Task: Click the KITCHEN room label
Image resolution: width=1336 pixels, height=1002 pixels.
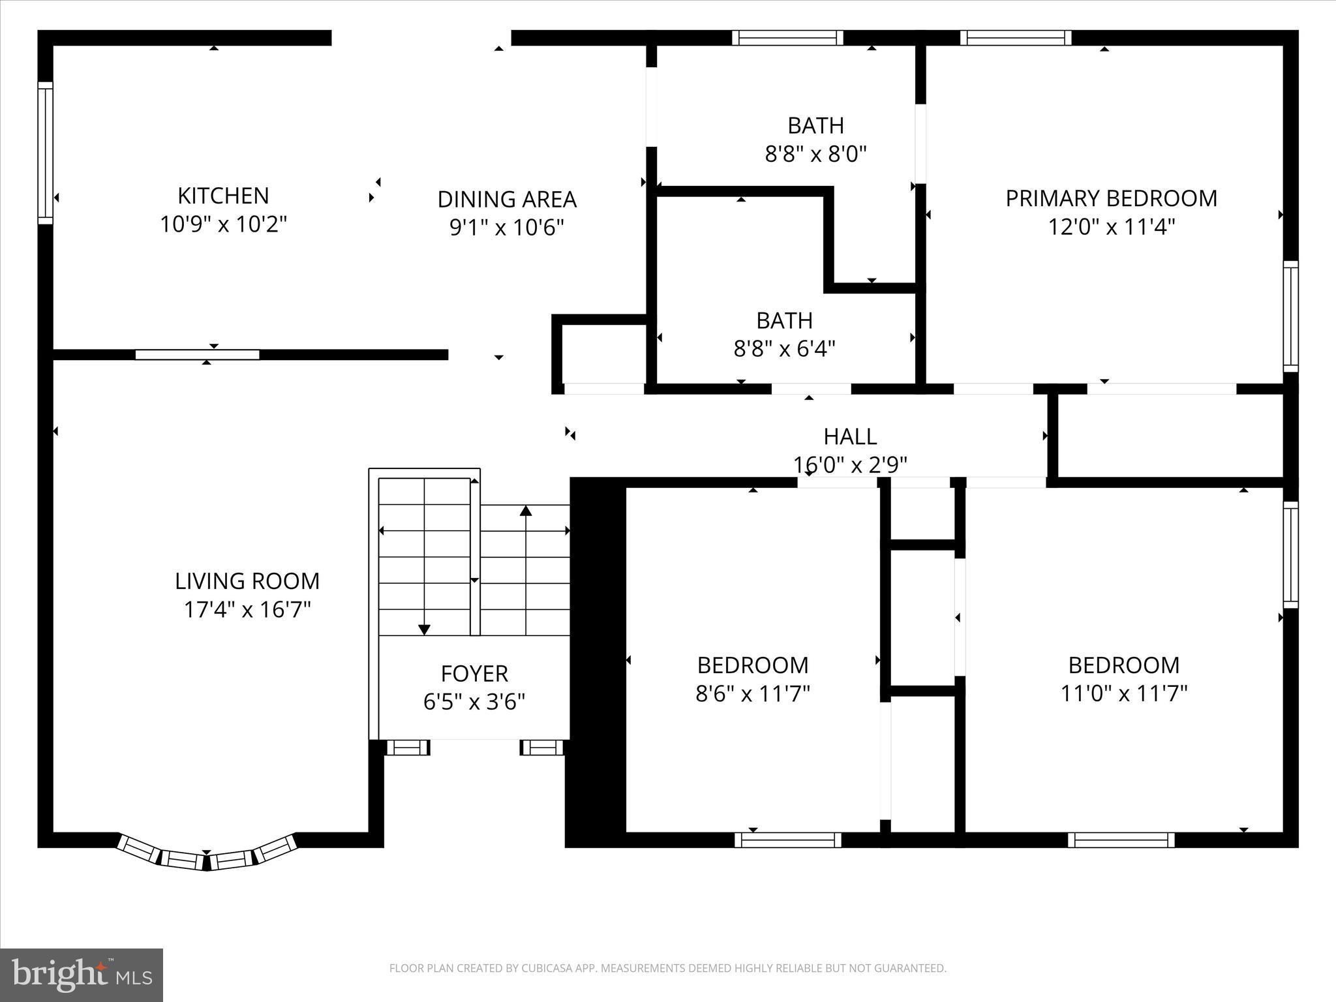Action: [223, 196]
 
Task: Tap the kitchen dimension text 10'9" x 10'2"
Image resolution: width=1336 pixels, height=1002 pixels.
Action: [223, 224]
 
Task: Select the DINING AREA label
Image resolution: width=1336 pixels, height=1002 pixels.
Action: [507, 199]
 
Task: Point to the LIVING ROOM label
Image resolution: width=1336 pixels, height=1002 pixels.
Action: [247, 581]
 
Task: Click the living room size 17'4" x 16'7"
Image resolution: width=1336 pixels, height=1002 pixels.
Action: [247, 610]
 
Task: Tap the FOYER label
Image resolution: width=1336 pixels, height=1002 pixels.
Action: [474, 673]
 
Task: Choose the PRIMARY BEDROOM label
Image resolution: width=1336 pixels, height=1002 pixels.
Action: [1111, 198]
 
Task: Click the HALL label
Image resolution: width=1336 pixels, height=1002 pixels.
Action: [850, 436]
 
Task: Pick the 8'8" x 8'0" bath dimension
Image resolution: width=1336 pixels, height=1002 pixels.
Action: [815, 155]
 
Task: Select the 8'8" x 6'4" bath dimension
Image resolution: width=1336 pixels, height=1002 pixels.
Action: [784, 349]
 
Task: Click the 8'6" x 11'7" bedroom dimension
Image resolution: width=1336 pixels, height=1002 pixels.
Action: [753, 693]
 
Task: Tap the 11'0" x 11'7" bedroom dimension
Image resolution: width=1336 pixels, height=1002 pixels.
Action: [1123, 693]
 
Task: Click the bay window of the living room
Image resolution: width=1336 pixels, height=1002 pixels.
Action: [207, 856]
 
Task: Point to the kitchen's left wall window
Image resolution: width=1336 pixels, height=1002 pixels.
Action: [45, 153]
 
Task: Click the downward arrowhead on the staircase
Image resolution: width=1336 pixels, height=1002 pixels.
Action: [424, 630]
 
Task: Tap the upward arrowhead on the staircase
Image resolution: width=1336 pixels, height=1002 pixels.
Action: [526, 511]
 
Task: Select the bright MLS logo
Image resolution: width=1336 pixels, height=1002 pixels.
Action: [82, 975]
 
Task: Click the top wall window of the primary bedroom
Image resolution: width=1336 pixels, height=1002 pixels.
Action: [1015, 38]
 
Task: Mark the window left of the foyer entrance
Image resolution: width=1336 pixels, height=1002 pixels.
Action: [408, 748]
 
